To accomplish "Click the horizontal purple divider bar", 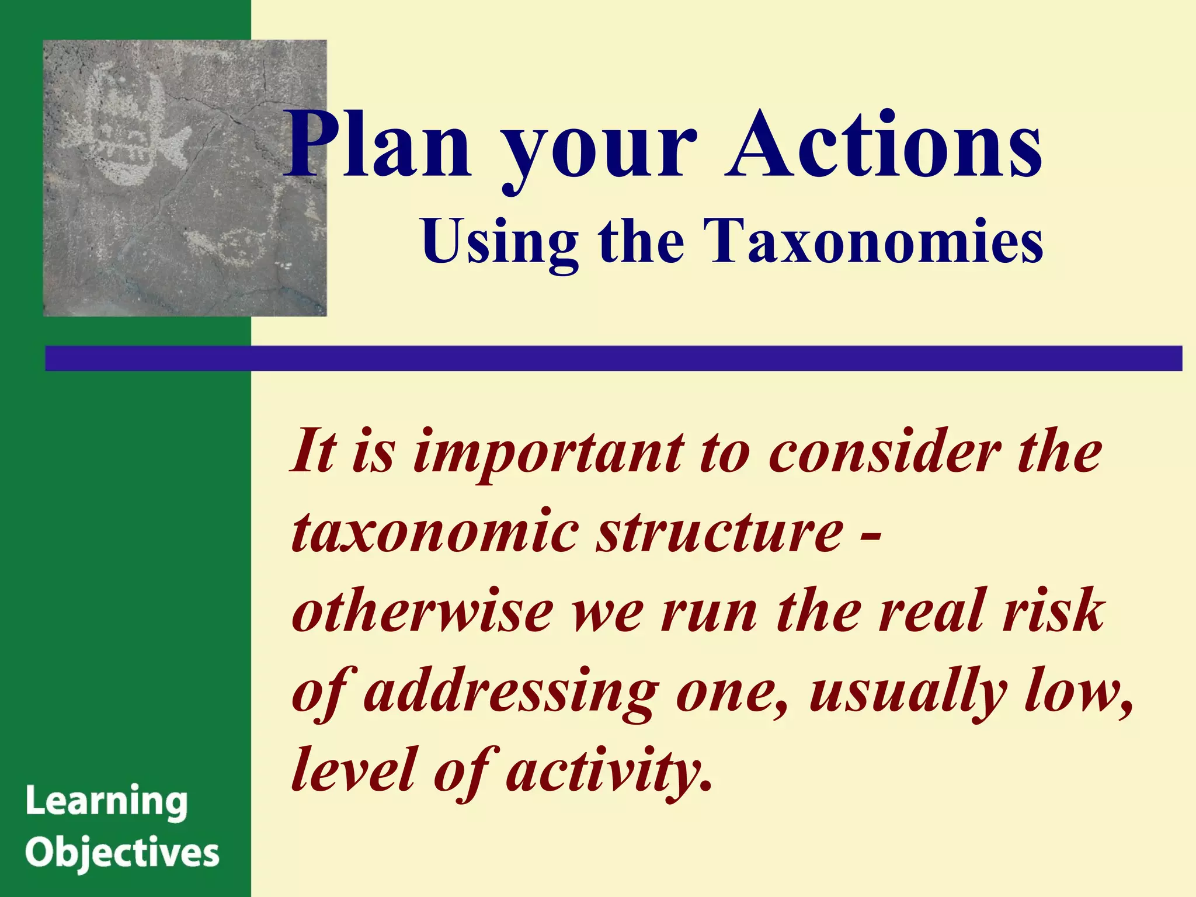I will [x=613, y=358].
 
